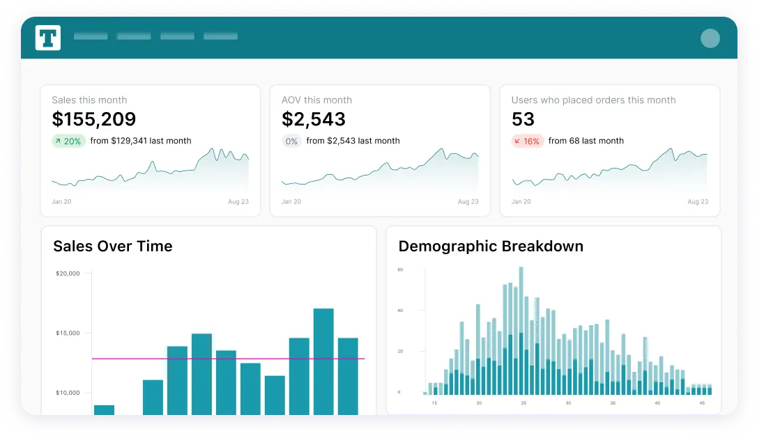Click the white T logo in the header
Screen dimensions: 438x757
coord(48,38)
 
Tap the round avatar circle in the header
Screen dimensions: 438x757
coord(710,38)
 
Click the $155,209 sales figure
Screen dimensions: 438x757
coord(94,119)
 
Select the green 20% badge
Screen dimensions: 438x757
coord(68,141)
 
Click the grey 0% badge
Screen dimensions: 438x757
coord(291,141)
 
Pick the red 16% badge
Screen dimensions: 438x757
coord(528,141)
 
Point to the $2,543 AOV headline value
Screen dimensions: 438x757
coord(314,119)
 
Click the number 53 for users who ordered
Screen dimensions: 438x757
coord(523,119)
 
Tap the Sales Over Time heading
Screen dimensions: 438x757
coord(113,246)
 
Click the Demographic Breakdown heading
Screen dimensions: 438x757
coord(491,246)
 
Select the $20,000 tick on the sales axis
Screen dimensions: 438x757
coord(68,274)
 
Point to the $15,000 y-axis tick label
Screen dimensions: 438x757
coord(68,333)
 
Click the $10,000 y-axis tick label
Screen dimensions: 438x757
coord(68,393)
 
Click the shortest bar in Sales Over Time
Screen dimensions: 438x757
coord(104,409)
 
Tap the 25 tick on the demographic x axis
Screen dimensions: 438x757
coord(523,403)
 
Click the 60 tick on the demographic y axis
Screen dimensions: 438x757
coord(400,269)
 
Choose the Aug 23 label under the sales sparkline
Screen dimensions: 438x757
coord(239,202)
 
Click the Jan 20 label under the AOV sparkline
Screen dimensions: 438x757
coord(291,202)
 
